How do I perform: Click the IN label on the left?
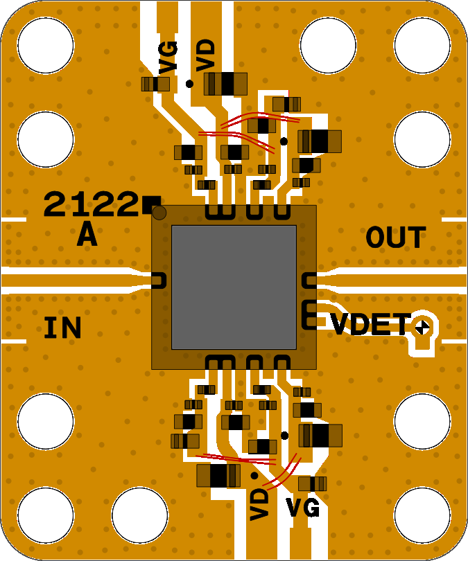62,328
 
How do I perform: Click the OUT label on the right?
395,238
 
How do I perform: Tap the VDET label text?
371,324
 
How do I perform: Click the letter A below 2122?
87,235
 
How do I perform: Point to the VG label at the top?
168,57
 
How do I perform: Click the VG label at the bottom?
303,509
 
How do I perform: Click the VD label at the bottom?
259,504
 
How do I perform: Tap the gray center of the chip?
234,287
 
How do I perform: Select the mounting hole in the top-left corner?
45,43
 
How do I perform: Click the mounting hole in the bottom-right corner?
423,515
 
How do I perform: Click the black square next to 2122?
150,204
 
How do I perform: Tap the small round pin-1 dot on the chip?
159,213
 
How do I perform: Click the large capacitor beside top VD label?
225,84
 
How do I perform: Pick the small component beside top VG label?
155,84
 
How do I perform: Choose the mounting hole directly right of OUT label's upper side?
423,139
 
